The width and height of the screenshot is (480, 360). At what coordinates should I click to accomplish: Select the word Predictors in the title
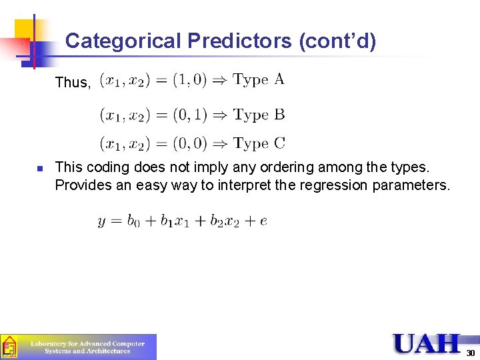click(x=239, y=41)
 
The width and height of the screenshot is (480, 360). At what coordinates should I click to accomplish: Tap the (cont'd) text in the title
click(x=337, y=41)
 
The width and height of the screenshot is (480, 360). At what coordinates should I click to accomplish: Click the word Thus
click(x=72, y=83)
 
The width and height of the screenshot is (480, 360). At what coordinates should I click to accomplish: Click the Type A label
click(x=259, y=80)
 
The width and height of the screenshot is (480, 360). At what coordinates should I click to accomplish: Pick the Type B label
click(x=259, y=115)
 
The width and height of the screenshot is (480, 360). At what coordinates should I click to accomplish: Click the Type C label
click(x=259, y=143)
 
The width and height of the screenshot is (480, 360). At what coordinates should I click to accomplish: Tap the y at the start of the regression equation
click(x=102, y=222)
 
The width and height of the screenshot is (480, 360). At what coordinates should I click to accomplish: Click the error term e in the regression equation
click(x=263, y=222)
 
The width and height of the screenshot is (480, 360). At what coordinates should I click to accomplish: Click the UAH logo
click(x=427, y=344)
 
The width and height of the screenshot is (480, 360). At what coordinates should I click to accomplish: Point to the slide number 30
click(x=470, y=353)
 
